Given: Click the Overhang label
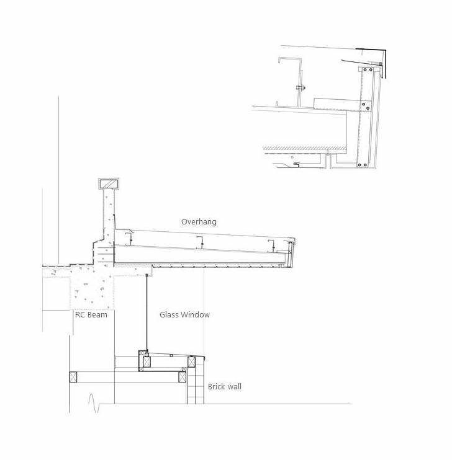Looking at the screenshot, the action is (199, 222).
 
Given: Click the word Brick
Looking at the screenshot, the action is (216, 386).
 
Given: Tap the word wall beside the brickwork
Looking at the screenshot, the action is (234, 386).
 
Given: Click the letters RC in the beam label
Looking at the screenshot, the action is (80, 315).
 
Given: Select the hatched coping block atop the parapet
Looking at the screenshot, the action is (109, 184).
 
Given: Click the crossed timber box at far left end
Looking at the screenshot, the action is (73, 377).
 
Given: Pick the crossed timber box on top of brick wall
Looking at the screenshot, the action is (191, 362).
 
